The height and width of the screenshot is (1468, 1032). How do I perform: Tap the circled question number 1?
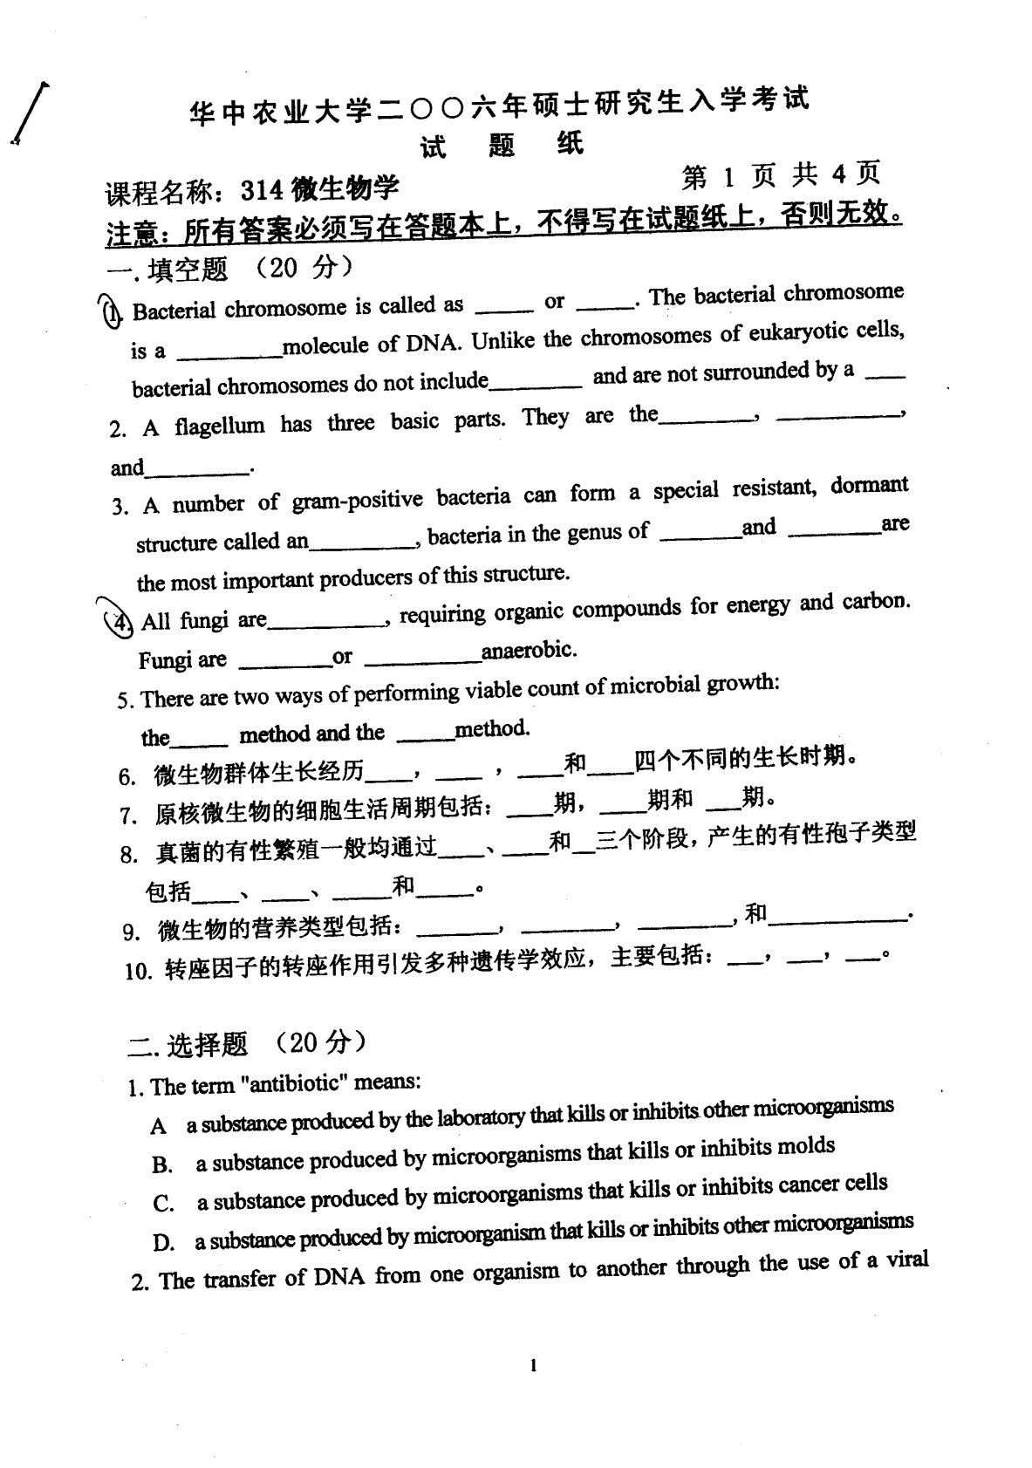click(110, 311)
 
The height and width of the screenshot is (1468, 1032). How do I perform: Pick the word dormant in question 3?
click(869, 486)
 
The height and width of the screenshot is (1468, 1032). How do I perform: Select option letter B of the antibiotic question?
click(162, 1164)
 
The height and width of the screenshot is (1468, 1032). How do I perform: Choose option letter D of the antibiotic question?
click(163, 1243)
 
